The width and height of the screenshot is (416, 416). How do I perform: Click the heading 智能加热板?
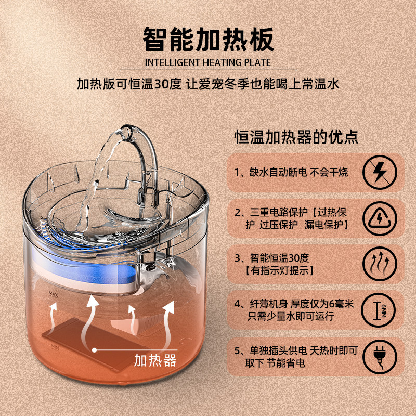208,40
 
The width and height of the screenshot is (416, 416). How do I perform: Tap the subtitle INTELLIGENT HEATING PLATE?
208,63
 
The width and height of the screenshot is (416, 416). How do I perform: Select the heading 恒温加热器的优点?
296,138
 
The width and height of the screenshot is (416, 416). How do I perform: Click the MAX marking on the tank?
53,294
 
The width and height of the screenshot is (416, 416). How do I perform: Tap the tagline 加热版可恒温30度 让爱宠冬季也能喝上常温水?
208,84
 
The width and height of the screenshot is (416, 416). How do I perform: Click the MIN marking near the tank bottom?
54,345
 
